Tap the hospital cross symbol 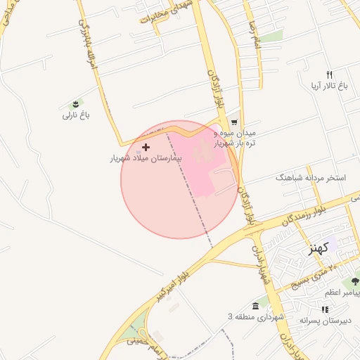point(146,147)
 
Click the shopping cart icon point(233,122)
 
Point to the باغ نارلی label point(77,114)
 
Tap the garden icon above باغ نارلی point(76,103)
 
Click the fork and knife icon point(328,75)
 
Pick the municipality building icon point(255,307)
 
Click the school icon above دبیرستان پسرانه point(324,309)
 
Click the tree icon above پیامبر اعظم point(355,281)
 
